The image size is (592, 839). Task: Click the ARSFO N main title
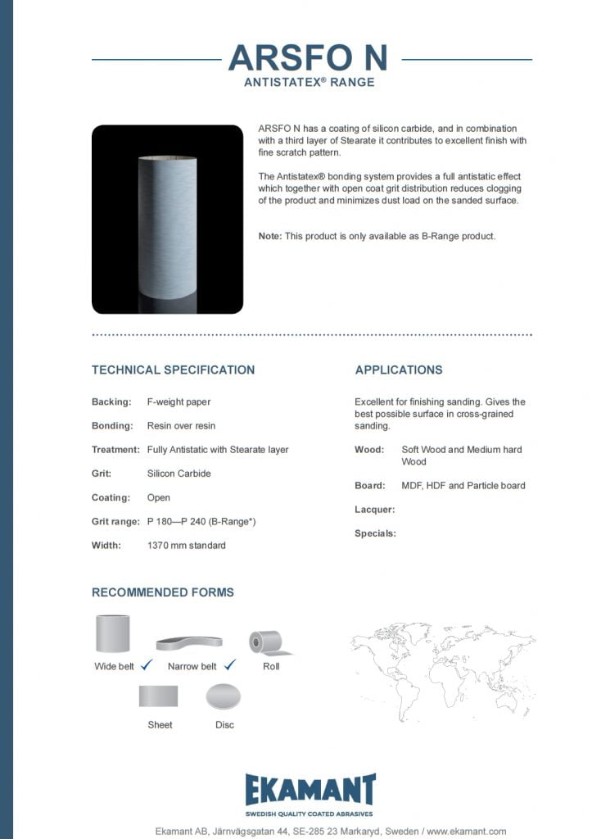click(x=308, y=58)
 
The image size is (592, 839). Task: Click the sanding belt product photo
click(x=167, y=220)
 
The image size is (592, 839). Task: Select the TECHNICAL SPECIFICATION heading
click(x=173, y=370)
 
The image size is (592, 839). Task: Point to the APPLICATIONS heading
click(x=399, y=370)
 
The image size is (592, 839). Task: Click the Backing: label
click(x=111, y=402)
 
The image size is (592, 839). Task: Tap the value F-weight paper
click(x=179, y=402)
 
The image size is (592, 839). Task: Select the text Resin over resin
click(x=181, y=426)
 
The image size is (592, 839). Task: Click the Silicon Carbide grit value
click(x=179, y=474)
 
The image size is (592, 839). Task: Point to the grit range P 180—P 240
click(x=201, y=521)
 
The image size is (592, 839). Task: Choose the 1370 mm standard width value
click(x=186, y=545)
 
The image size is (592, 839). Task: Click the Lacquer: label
click(x=375, y=510)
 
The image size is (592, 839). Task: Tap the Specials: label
click(x=375, y=533)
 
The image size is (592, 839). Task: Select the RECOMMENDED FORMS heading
click(x=163, y=592)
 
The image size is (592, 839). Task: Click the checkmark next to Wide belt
click(x=147, y=665)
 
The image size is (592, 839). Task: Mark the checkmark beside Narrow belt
click(x=230, y=665)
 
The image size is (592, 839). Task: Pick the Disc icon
click(x=224, y=697)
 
